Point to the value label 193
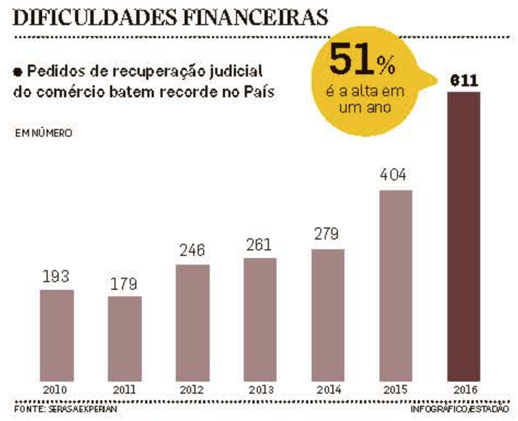[57, 276]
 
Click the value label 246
[192, 251]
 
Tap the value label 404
[395, 176]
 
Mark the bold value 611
[464, 81]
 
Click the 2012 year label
[192, 390]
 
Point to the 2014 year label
[327, 390]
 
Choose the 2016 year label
[464, 390]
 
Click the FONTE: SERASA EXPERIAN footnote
[65, 408]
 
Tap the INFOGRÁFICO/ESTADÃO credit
[459, 408]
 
